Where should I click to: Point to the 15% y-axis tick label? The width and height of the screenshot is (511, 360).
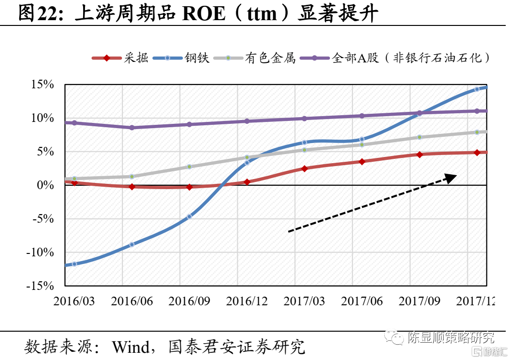42,85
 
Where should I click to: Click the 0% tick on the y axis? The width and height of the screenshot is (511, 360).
46,185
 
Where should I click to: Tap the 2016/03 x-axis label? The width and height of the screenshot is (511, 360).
74,301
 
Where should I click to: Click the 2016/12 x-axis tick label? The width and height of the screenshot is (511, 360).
247,301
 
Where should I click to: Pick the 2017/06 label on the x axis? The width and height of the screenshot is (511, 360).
362,301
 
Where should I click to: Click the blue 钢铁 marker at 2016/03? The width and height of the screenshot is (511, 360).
74,264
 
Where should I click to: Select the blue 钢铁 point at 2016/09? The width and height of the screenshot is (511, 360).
189,216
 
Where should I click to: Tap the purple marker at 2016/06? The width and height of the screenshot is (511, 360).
132,128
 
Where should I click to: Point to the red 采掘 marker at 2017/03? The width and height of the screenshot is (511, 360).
304,168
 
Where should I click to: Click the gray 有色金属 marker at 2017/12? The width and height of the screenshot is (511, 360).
477,132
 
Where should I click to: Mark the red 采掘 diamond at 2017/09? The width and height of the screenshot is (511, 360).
419,155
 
